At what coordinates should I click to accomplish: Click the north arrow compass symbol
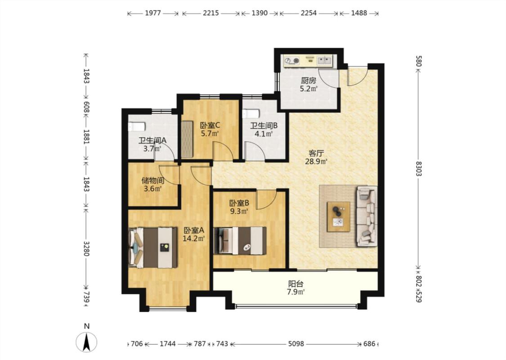click(x=86, y=342)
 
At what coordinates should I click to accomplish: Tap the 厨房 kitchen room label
click(x=309, y=81)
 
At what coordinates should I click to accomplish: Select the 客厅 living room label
click(x=316, y=153)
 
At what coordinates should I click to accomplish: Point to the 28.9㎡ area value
click(x=316, y=162)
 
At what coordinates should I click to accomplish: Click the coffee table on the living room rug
click(x=339, y=216)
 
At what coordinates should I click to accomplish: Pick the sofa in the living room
click(x=367, y=216)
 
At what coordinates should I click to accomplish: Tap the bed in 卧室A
click(x=153, y=247)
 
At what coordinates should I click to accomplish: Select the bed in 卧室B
click(x=240, y=241)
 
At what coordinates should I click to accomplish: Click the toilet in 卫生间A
click(x=136, y=126)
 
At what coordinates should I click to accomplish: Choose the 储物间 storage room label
click(x=152, y=180)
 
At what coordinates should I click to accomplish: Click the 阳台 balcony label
click(x=296, y=284)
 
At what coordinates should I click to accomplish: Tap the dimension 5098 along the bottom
click(x=296, y=344)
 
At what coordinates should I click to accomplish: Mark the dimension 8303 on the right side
click(x=418, y=169)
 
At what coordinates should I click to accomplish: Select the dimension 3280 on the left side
click(x=86, y=248)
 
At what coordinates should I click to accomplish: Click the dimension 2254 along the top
click(x=309, y=13)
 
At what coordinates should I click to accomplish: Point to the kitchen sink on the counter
click(x=324, y=60)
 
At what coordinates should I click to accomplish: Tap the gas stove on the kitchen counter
click(x=292, y=60)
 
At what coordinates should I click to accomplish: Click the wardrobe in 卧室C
click(x=187, y=139)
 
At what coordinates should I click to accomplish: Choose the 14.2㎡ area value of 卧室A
click(x=193, y=239)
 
